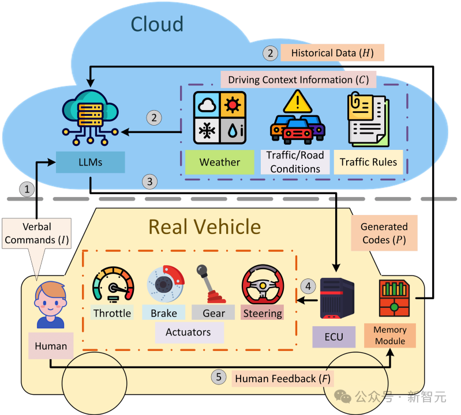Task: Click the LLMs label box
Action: [x=90, y=163]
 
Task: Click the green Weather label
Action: [x=219, y=163]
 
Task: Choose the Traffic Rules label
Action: [x=368, y=163]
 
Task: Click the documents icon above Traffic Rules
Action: [x=369, y=119]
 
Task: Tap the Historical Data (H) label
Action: [x=332, y=53]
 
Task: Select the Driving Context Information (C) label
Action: [x=298, y=80]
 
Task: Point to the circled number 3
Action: [x=149, y=182]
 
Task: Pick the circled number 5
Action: [x=218, y=378]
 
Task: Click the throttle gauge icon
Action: [x=112, y=286]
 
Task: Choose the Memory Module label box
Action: [x=390, y=335]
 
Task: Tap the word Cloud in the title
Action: [x=157, y=24]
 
